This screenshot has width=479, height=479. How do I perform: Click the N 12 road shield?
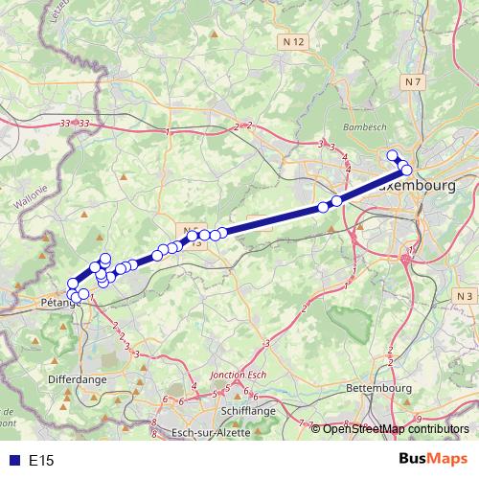[293, 42]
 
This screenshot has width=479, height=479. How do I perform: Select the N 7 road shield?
[413, 82]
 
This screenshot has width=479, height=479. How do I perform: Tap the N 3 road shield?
[465, 297]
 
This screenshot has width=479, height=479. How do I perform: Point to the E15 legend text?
[41, 461]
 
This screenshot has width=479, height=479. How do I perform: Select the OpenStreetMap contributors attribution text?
[396, 429]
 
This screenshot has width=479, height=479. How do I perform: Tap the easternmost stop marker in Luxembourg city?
[406, 170]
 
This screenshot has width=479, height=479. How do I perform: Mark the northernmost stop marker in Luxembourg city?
[391, 155]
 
